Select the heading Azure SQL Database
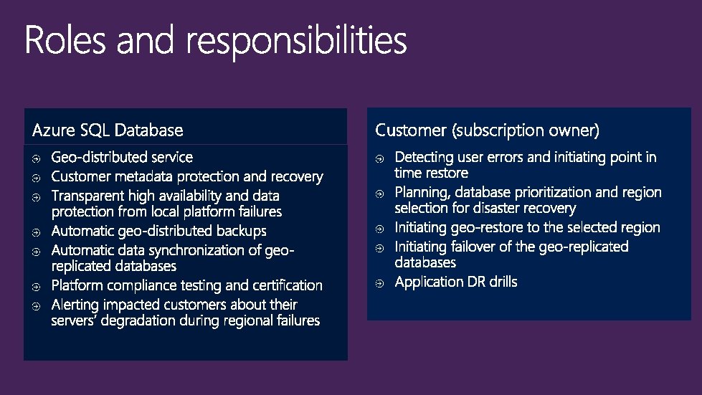108,130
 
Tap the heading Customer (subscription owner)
488,130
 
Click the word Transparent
87,196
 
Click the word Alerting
80,305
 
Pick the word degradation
143,320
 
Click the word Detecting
427,157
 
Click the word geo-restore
485,228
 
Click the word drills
501,282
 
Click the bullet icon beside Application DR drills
380,283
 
